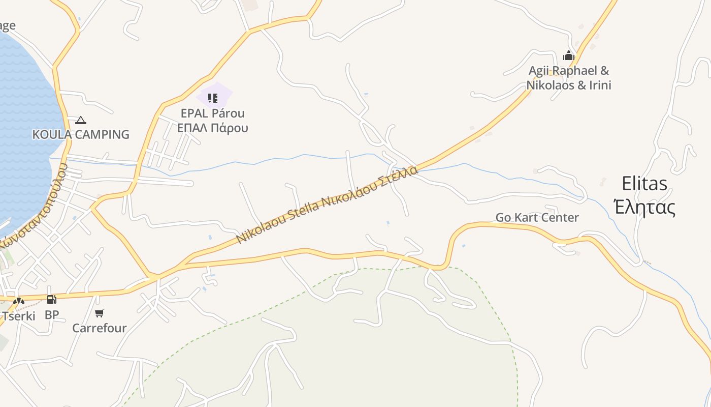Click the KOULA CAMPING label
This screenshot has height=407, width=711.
(x=81, y=134)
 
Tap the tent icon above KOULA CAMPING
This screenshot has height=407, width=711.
(x=80, y=121)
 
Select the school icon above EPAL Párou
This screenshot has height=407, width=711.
(x=213, y=97)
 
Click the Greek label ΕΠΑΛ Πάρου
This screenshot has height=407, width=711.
(x=213, y=128)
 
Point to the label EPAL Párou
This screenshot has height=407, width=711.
(x=213, y=113)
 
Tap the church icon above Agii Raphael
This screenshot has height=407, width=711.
(x=569, y=55)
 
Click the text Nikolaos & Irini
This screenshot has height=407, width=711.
(x=568, y=85)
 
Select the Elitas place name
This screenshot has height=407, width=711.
(x=644, y=183)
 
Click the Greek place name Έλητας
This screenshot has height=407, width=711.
(x=644, y=208)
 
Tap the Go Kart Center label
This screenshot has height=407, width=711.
(x=537, y=217)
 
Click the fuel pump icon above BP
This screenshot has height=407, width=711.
(x=51, y=300)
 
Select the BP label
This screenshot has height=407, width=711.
(x=52, y=315)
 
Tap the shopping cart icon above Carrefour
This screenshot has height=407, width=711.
(x=100, y=313)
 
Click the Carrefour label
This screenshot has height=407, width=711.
(x=100, y=328)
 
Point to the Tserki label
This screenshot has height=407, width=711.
(x=19, y=316)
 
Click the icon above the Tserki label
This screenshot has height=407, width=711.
(x=19, y=301)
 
